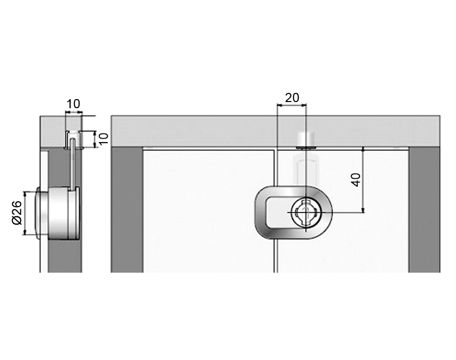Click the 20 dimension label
(x=292, y=98)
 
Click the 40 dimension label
(x=356, y=180)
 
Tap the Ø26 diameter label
(x=17, y=213)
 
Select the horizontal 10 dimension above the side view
(x=73, y=104)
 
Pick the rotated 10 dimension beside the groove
(x=104, y=138)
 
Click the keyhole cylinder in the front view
(x=306, y=212)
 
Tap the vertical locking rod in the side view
(x=73, y=165)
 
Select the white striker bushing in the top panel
(x=306, y=140)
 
